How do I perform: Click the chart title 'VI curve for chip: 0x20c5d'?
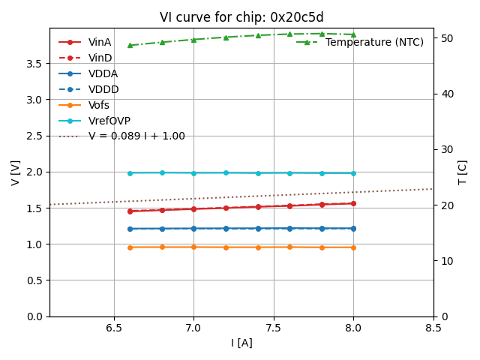pos(241,17)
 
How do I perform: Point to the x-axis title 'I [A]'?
pos(241,343)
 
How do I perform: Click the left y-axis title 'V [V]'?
pos(16,172)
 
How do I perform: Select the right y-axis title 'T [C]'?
pos(462,172)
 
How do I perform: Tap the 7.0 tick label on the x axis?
pos(193,328)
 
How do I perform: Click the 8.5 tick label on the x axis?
pos(433,328)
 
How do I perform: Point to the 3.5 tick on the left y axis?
pos(35,63)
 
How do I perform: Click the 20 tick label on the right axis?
pos(443,205)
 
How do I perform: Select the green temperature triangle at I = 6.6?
pos(130,46)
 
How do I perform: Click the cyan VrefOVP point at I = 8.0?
pos(353,173)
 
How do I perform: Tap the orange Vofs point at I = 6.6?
pos(130,247)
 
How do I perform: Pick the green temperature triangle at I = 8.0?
pos(353,34)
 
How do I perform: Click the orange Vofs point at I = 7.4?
pos(258,247)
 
